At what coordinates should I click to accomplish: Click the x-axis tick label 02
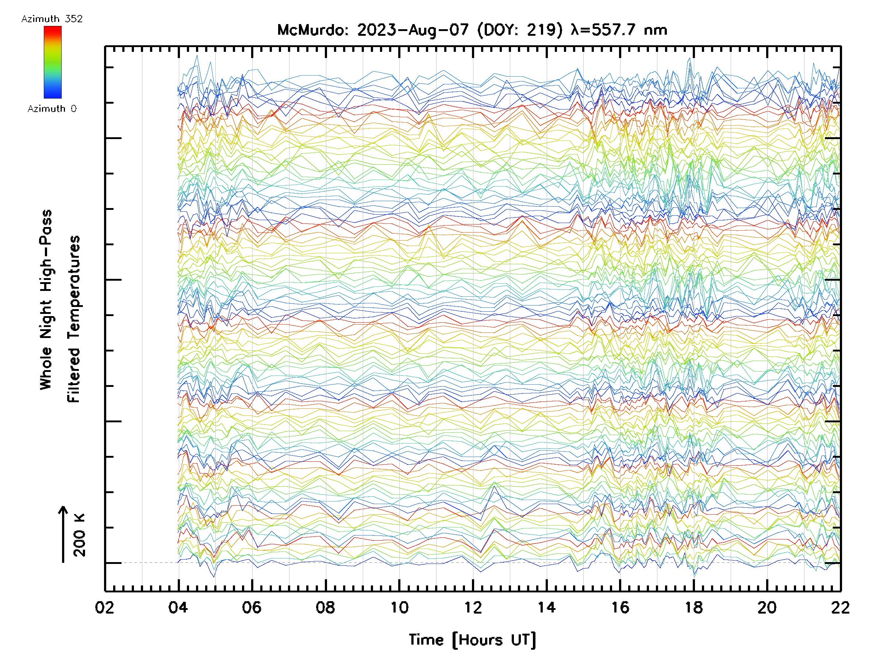tap(104, 607)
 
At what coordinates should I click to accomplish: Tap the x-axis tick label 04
tap(178, 607)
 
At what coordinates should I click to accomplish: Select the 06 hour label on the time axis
tap(252, 607)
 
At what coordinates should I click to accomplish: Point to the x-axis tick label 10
tap(399, 607)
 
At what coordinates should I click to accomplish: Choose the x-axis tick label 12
tap(473, 607)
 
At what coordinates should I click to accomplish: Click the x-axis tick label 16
tap(620, 607)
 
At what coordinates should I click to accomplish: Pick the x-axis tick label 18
tap(694, 607)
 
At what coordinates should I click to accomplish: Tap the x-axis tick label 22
tap(840, 607)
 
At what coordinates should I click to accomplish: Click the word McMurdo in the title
tap(312, 30)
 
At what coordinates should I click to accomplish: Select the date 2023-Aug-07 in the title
tap(413, 30)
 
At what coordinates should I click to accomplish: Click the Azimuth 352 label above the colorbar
tap(52, 19)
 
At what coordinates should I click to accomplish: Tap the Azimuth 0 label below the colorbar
tap(52, 109)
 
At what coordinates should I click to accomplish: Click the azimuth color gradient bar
tap(53, 62)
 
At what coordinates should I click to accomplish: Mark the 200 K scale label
tap(79, 535)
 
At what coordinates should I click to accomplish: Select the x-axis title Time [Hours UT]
tap(472, 640)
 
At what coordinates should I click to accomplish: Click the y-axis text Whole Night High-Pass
tap(46, 300)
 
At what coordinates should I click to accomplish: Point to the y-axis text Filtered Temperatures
tap(74, 319)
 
